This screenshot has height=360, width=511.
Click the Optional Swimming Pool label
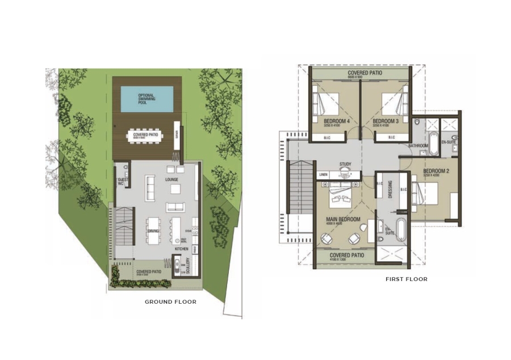tap(147, 100)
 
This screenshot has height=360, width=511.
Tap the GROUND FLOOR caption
tap(170, 302)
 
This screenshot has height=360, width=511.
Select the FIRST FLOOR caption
tap(406, 279)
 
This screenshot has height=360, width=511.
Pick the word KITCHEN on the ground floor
tap(181, 249)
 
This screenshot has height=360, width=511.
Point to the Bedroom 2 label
tap(435, 171)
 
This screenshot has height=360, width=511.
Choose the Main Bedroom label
tap(342, 219)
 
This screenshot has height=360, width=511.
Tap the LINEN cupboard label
tap(324, 174)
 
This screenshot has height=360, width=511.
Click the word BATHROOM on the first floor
tap(418, 146)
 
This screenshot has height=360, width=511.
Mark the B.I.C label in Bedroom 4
tap(327, 137)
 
